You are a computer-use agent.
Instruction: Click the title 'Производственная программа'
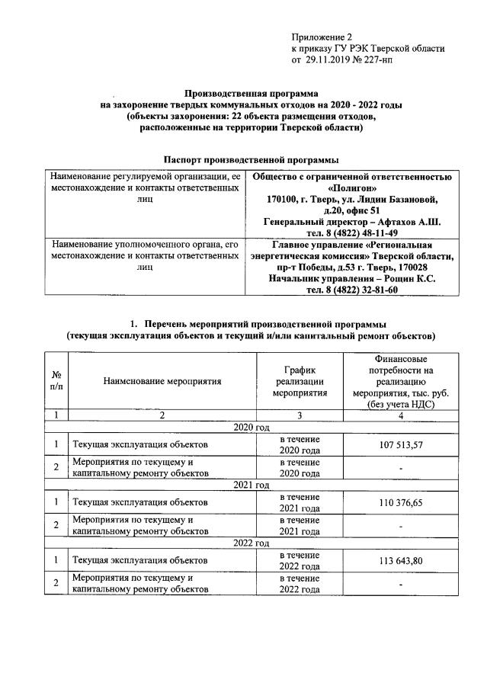coord(251,93)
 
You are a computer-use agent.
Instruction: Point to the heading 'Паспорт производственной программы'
coord(251,160)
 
